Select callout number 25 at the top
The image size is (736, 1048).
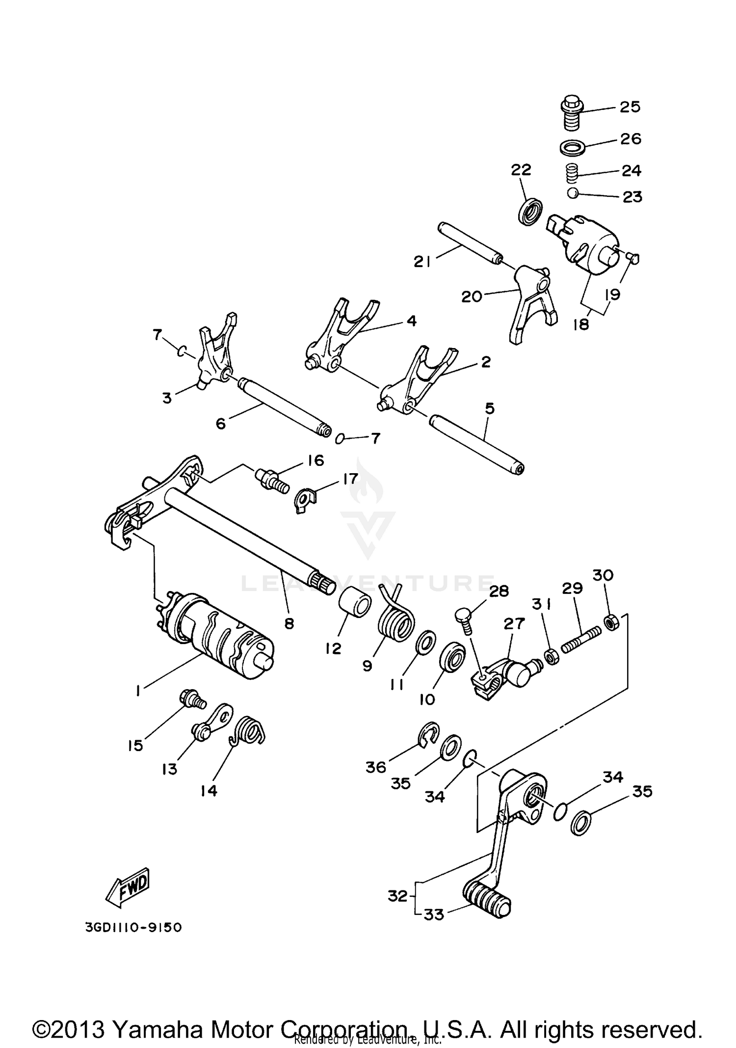630,107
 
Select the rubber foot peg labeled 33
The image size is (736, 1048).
487,899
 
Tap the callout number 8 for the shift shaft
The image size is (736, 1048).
289,623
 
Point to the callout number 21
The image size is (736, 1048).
422,263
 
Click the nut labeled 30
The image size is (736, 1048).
612,623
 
